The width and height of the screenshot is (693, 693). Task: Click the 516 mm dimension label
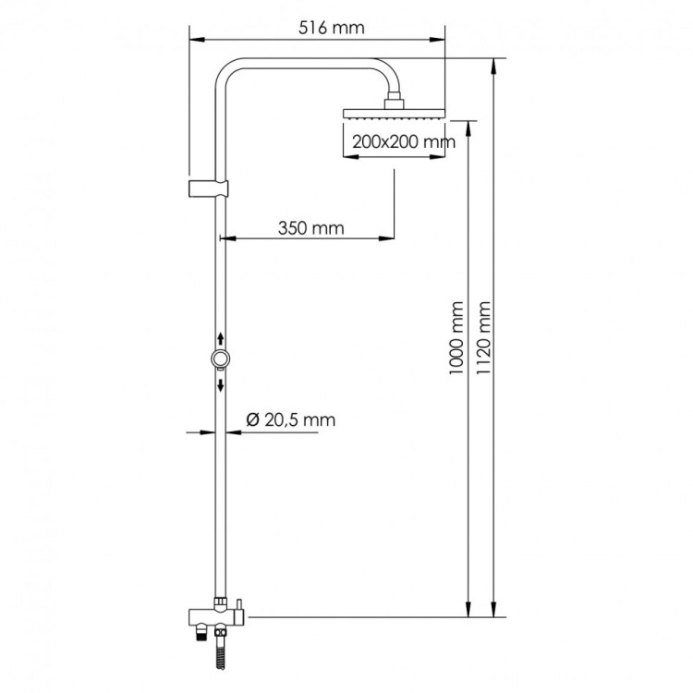(x=331, y=27)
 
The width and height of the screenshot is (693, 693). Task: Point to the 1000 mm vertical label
(x=454, y=337)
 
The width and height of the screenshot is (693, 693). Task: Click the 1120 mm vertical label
(x=481, y=337)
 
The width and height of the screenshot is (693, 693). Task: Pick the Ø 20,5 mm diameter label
(x=290, y=420)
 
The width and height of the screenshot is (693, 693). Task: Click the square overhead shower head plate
(x=395, y=114)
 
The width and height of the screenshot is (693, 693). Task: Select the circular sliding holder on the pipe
(x=221, y=359)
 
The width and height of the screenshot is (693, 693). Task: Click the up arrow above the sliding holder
(x=221, y=340)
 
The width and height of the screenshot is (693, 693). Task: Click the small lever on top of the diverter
(x=237, y=606)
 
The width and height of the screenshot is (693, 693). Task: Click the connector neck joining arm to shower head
(x=395, y=99)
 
